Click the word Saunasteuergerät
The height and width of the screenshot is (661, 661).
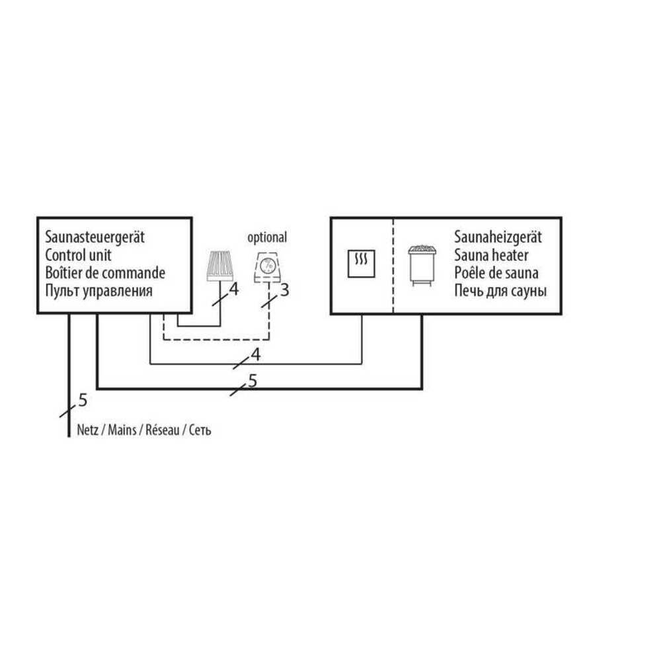pos(95,237)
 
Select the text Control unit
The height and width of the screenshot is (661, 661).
pos(79,254)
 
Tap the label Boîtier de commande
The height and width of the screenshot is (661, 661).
pos(105,272)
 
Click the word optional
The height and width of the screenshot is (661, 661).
pos(267,237)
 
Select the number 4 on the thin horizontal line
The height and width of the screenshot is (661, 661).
pos(256,354)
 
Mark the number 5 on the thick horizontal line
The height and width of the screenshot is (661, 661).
pos(252,380)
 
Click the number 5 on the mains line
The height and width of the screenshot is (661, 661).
pos(83,399)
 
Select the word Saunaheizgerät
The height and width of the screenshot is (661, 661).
pos(498,237)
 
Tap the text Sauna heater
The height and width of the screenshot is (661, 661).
pos(491,254)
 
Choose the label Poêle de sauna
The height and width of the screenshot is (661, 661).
pos(496,272)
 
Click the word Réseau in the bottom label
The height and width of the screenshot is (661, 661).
pos(161,430)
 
